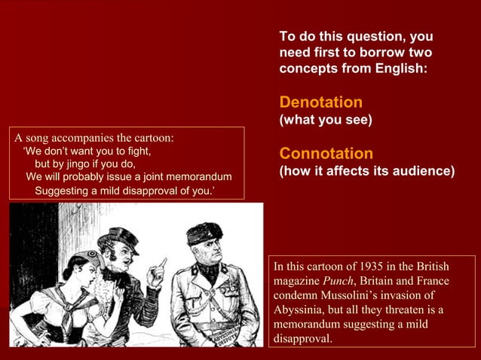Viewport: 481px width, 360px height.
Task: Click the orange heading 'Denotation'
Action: point(320,102)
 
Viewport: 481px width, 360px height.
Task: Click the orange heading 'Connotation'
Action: point(326,154)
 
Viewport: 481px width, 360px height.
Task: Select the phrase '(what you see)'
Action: point(326,120)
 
